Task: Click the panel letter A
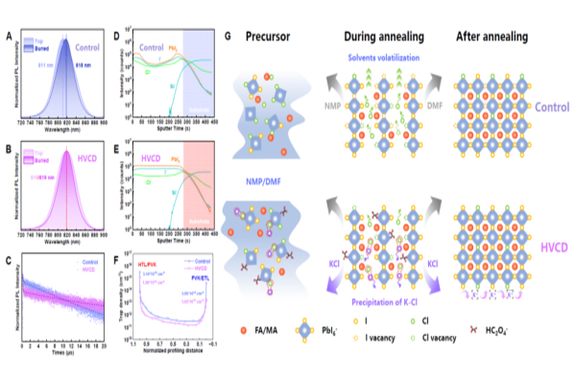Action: [x=8, y=37]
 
